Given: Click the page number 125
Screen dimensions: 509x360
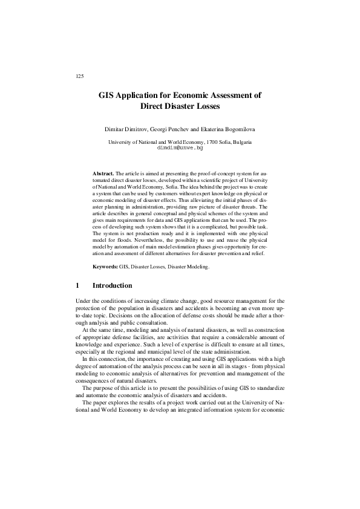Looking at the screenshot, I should [x=79, y=76].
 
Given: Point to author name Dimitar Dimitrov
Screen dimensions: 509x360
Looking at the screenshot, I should [x=129, y=130].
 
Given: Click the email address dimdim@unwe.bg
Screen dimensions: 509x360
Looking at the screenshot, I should [x=179, y=147].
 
